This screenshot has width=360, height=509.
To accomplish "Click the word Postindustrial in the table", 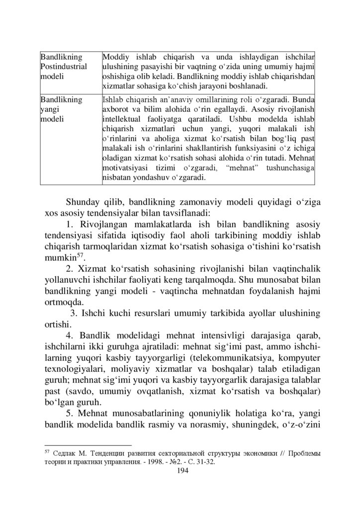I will point(63,66).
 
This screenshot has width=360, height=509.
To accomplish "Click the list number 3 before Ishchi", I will point(73,314).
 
